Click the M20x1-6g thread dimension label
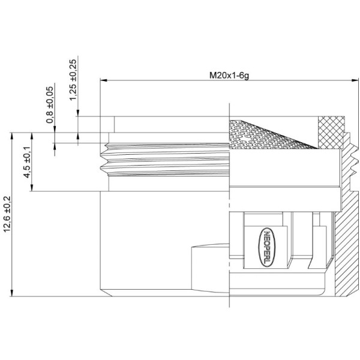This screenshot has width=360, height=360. point(229,76)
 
